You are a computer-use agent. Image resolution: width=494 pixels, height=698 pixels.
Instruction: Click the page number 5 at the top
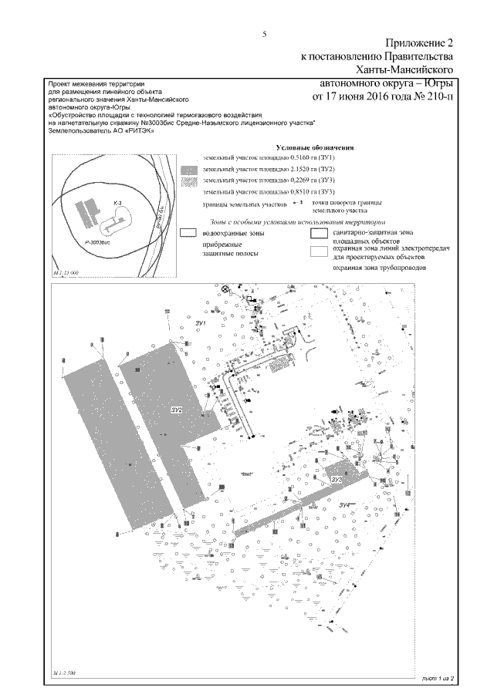pyautogui.click(x=264, y=34)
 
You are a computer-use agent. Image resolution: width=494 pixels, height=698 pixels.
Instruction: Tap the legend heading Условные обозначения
pyautogui.click(x=313, y=147)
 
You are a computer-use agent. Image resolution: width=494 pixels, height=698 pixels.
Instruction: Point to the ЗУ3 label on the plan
pyautogui.click(x=337, y=480)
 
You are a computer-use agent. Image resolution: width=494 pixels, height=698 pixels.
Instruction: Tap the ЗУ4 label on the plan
pyautogui.click(x=348, y=505)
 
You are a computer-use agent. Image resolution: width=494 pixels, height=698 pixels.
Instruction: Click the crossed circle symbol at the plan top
pyautogui.click(x=226, y=289)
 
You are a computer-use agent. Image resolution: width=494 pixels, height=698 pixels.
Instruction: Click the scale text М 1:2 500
pyautogui.click(x=66, y=674)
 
